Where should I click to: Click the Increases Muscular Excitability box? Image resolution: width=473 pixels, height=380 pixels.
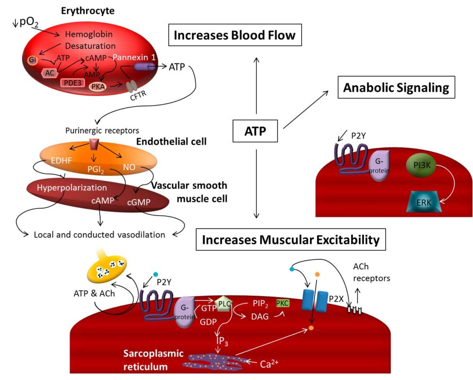click(291, 239)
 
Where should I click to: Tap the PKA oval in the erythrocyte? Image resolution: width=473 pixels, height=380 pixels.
click(97, 86)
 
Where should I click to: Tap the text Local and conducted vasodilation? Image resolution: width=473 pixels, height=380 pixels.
click(99, 234)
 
